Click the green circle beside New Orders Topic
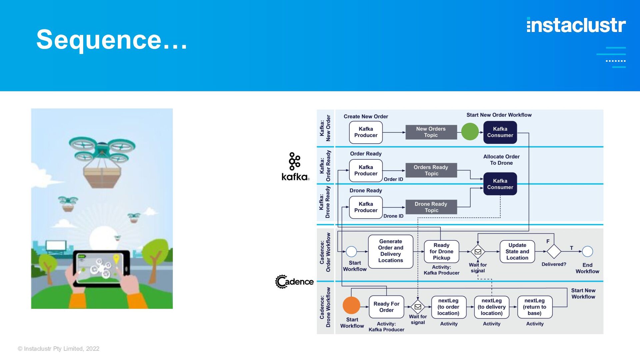[470, 132]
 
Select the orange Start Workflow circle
[351, 305]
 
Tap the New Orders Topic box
[431, 132]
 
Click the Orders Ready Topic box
[431, 170]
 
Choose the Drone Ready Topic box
[431, 207]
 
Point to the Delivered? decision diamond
[554, 251]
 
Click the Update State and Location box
[517, 251]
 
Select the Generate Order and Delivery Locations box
[391, 251]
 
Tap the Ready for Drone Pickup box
[441, 251]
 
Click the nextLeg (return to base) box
[535, 307]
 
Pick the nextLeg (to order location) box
[448, 307]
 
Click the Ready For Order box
[386, 307]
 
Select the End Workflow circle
[587, 251]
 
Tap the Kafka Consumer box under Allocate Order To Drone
[500, 184]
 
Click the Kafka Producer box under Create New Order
[366, 132]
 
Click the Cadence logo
[294, 282]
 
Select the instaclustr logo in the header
[576, 25]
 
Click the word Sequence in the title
[99, 40]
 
